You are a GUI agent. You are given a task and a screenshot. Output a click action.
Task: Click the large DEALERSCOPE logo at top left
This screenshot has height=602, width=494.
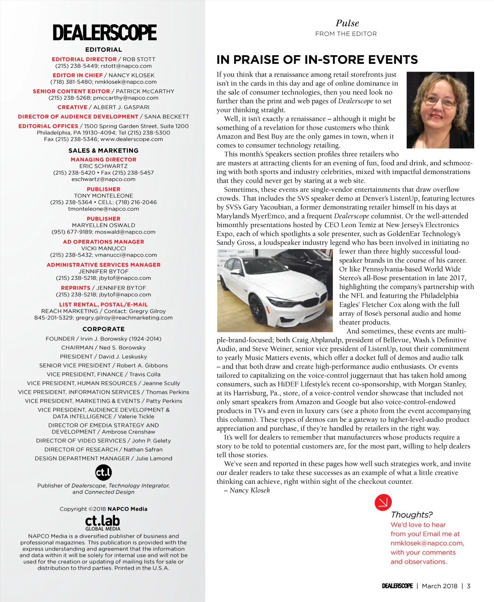tap(105, 33)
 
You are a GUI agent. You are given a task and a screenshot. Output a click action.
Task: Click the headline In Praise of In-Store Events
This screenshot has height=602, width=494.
tap(317, 60)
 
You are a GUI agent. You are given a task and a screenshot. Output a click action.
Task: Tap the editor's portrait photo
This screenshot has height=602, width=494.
tap(440, 110)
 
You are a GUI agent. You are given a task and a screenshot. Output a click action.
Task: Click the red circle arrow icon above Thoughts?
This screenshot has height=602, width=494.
tap(383, 502)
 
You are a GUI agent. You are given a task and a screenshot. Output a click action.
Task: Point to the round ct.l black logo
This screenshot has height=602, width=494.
tap(103, 472)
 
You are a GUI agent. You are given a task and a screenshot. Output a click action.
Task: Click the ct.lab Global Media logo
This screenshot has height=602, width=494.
tap(103, 522)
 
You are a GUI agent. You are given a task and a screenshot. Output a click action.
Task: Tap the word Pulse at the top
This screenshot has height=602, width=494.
tap(347, 23)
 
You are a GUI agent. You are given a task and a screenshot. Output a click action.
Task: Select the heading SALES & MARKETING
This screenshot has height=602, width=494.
tap(103, 151)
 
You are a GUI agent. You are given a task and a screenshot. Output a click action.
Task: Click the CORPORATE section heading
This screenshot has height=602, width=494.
tap(103, 329)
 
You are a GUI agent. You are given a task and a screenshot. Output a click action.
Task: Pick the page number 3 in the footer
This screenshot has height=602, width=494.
tap(468, 586)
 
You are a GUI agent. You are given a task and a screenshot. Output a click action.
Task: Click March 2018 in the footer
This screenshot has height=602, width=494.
tap(439, 586)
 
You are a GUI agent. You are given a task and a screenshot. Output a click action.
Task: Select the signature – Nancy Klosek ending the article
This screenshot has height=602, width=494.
tap(247, 490)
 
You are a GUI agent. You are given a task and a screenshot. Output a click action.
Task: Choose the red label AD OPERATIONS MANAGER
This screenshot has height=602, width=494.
tap(103, 242)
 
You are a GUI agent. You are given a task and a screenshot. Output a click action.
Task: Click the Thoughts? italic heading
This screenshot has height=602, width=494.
tap(412, 515)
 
